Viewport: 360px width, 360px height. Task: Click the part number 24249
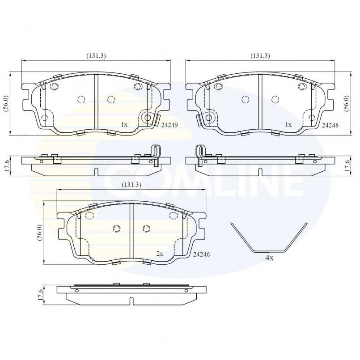point(169,125)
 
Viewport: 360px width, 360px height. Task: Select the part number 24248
point(330,125)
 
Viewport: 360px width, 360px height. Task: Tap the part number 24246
point(201,254)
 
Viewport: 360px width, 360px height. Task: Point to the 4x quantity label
point(270,258)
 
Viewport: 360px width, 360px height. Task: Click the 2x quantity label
point(160,254)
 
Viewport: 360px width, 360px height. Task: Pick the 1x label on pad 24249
point(124,125)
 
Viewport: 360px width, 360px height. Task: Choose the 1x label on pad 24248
point(288,125)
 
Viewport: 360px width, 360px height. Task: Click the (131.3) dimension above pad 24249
point(96,55)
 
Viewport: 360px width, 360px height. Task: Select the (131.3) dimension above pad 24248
point(260,55)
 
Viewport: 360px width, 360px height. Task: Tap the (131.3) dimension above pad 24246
point(131,185)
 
